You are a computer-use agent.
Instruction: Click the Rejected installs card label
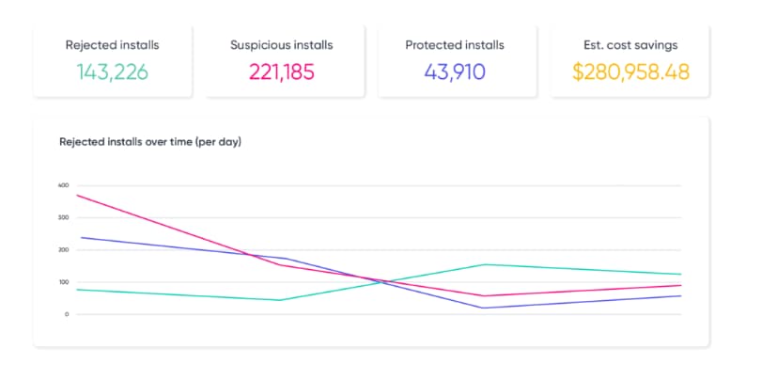pos(112,45)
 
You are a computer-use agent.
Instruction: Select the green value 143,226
pos(112,71)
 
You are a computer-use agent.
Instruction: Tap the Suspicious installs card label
pos(282,45)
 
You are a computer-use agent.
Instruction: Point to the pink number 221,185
pos(282,71)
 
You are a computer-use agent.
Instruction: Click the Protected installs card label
pos(455,45)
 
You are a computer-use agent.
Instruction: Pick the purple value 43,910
pos(455,71)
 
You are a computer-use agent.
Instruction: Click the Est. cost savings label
pos(630,45)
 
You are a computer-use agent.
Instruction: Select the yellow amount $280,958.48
pos(630,71)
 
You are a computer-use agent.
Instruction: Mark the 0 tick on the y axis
pos(67,314)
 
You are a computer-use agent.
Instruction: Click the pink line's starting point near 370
pos(77,195)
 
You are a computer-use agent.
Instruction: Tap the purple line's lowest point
pos(483,309)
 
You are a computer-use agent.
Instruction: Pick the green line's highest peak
pos(483,264)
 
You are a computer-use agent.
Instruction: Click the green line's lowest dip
pos(280,300)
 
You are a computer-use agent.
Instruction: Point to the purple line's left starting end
pos(81,237)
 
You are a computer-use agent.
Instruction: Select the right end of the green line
pos(681,275)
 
